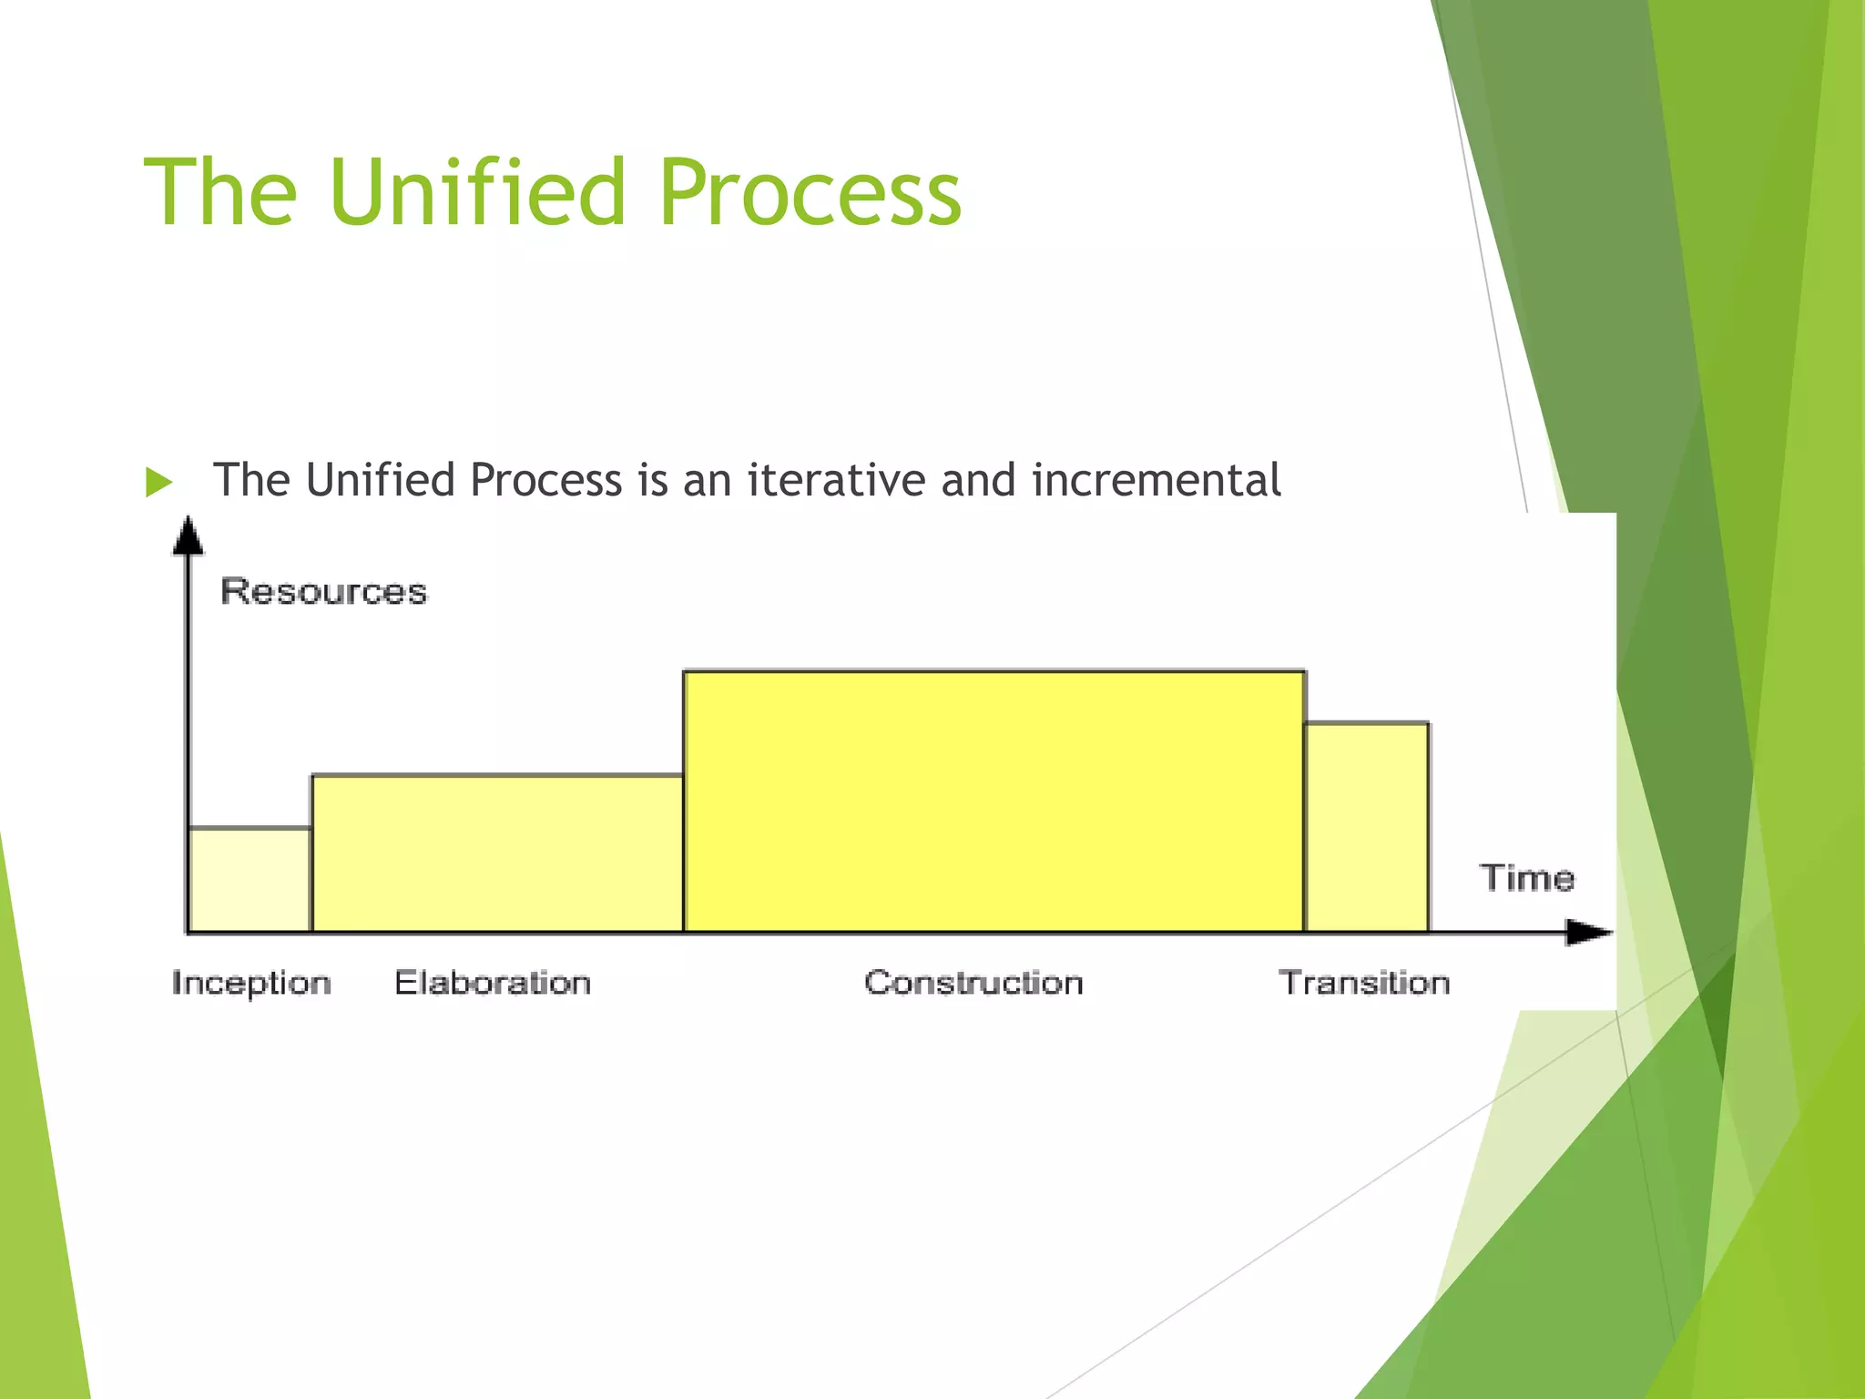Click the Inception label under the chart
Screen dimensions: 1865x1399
[x=251, y=984]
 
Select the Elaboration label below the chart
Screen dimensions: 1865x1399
[x=493, y=983]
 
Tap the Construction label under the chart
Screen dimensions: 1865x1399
[x=973, y=983]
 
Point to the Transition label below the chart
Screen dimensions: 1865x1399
[x=1364, y=983]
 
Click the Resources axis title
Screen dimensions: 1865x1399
[x=323, y=592]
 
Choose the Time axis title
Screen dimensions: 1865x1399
[x=1527, y=878]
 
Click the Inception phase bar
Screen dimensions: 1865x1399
[x=250, y=880]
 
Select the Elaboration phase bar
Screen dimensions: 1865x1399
[x=497, y=853]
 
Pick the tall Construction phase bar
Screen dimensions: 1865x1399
[x=994, y=802]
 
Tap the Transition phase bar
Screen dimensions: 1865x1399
[x=1366, y=827]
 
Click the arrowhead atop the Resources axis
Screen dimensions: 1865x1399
[x=188, y=536]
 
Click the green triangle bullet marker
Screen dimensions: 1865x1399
[x=158, y=482]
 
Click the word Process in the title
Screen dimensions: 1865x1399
[x=810, y=192]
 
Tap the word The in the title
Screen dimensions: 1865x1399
[x=220, y=192]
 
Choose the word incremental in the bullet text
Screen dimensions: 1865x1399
[x=1157, y=480]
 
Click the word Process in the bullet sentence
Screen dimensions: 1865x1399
[x=545, y=480]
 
